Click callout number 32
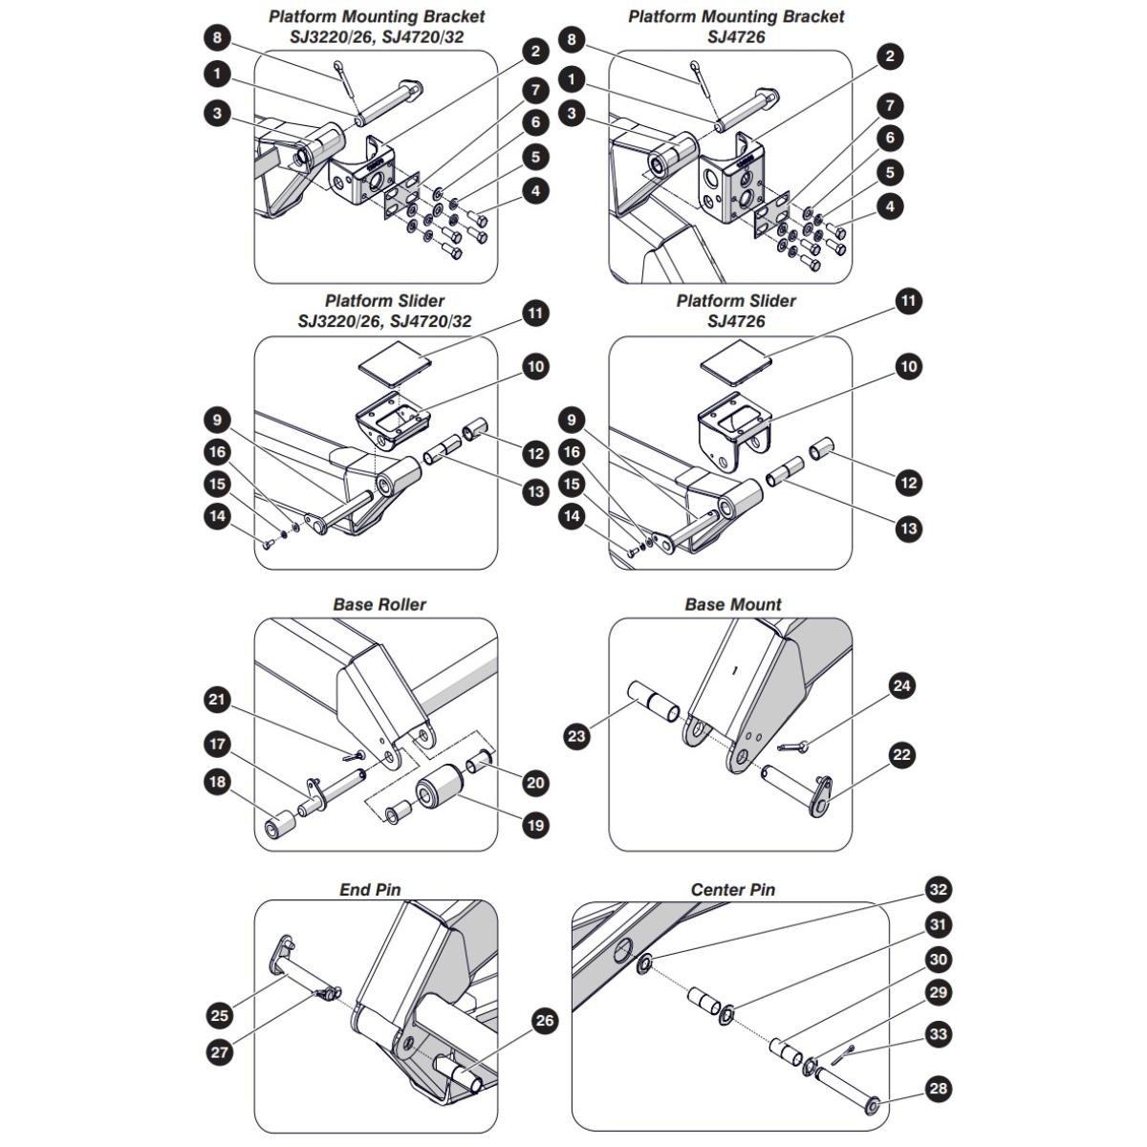[x=938, y=890]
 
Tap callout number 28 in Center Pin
[x=938, y=1089]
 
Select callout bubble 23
[x=576, y=736]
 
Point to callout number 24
[x=901, y=685]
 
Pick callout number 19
[x=535, y=825]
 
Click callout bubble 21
[x=217, y=699]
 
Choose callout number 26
[x=545, y=1021]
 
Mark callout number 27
[x=220, y=1052]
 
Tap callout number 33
[x=938, y=1034]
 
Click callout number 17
[x=217, y=744]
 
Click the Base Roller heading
[x=379, y=605]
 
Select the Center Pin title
[x=733, y=890]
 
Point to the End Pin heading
[x=370, y=890]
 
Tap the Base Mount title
[x=733, y=605]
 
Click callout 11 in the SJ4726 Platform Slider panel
[x=908, y=301]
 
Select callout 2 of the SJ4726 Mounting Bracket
[x=890, y=56]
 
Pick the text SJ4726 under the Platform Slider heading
[x=736, y=321]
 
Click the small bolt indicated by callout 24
[x=792, y=746]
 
